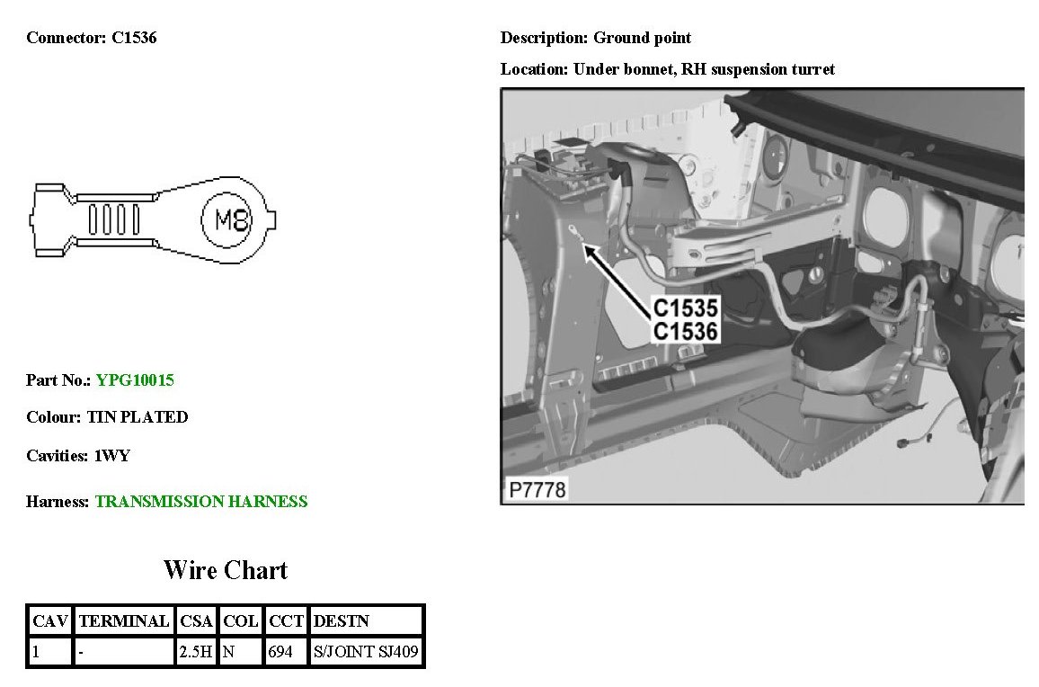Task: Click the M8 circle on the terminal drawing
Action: pos(234,219)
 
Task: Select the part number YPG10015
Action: pos(135,380)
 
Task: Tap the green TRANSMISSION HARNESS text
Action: pos(201,502)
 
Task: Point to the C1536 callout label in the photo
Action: pos(685,332)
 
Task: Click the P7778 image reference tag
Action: pos(537,490)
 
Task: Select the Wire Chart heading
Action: pos(226,570)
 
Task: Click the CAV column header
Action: pos(50,621)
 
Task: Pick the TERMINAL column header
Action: pos(124,621)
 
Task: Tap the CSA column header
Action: pos(196,621)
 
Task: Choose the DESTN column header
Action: pos(341,621)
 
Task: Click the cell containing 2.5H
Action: pos(196,652)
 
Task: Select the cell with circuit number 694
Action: pos(281,652)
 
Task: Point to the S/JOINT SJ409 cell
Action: pos(366,652)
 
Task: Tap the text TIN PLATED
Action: pos(138,417)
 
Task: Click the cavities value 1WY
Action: pos(112,456)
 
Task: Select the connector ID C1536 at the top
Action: pos(134,38)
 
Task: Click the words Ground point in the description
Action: pos(643,38)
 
